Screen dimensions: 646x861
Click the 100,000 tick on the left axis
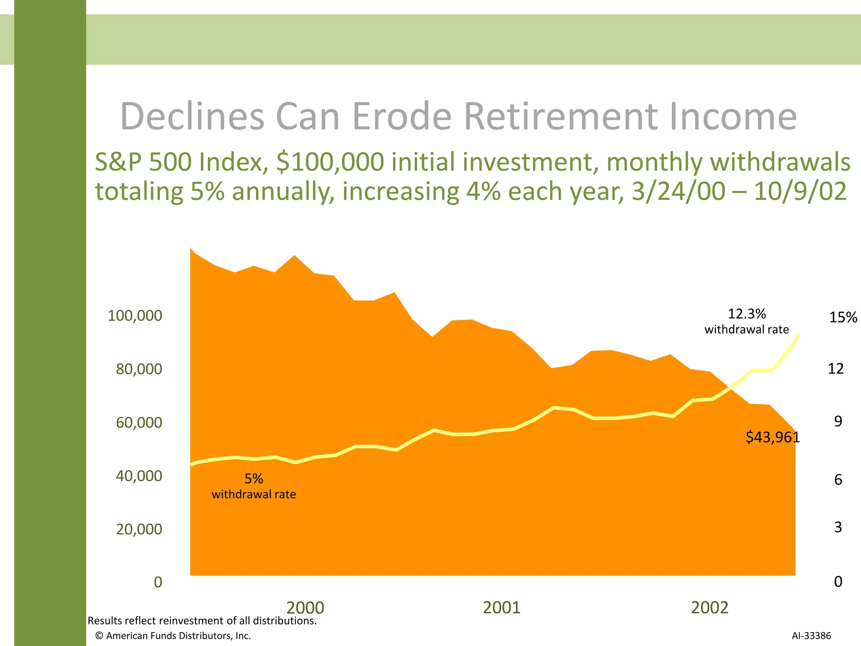135,315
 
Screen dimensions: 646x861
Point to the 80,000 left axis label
139,369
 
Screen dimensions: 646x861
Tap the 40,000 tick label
139,476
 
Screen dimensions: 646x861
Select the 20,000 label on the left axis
139,529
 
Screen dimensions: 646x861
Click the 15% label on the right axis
843,317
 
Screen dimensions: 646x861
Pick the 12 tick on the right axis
835,369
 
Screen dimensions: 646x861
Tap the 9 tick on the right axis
838,421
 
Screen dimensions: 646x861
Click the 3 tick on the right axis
838,527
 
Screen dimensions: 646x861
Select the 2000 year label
305,608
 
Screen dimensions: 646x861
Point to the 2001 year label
502,608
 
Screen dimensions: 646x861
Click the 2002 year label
709,608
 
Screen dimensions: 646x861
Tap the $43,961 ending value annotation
772,437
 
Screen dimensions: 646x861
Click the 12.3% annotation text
747,314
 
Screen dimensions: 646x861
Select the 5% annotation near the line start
254,479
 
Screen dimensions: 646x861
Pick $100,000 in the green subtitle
330,162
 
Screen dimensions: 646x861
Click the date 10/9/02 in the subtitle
800,191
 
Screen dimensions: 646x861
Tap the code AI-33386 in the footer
811,635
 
